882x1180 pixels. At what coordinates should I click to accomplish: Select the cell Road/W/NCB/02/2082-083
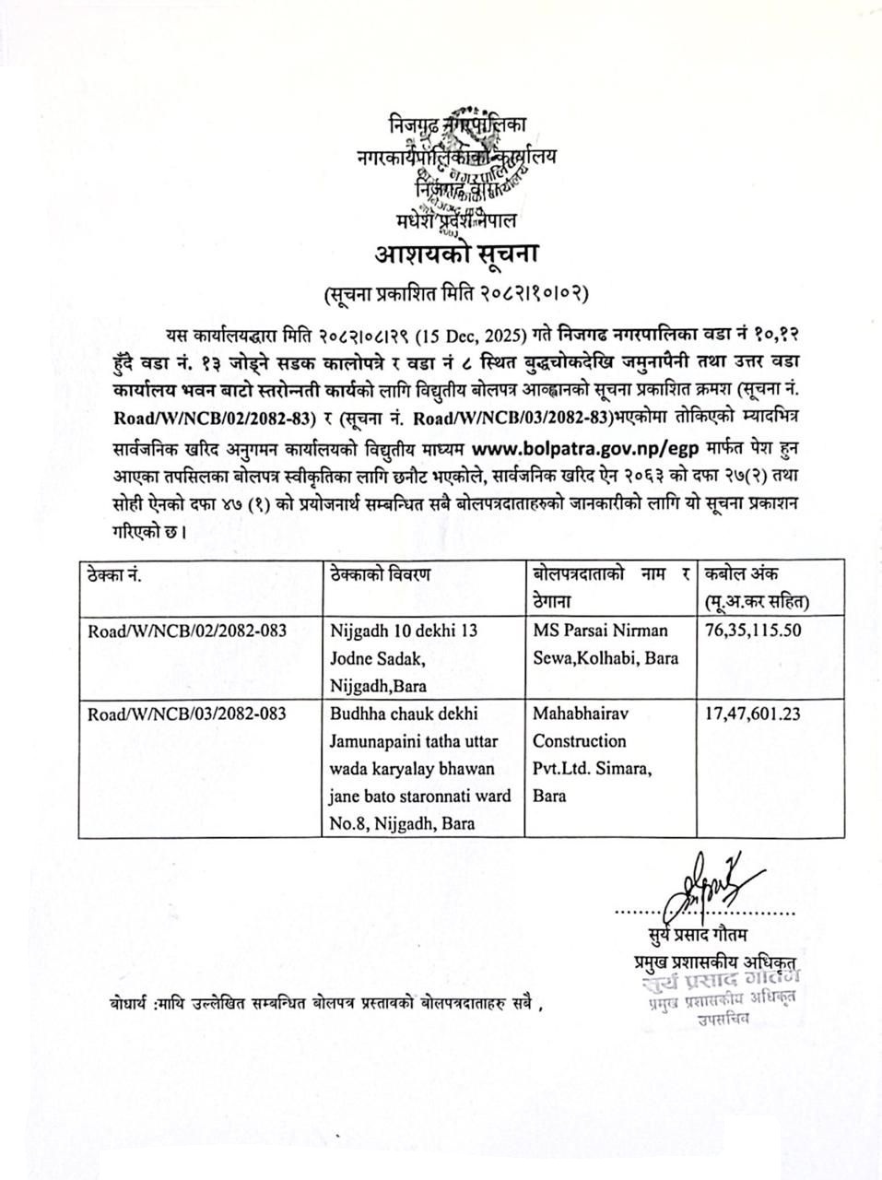point(187,631)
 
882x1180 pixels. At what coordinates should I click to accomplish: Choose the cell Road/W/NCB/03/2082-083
point(187,714)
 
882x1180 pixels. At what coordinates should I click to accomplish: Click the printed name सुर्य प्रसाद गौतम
point(706,939)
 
